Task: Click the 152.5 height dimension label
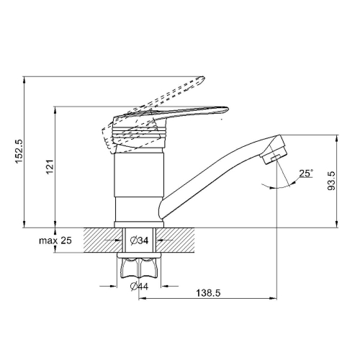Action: [x=19, y=151]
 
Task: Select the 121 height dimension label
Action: [x=50, y=167]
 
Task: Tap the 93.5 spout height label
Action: [x=331, y=181]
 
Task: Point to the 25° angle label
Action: [x=306, y=173]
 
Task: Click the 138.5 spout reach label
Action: [x=208, y=293]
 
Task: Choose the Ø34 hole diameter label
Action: [x=139, y=240]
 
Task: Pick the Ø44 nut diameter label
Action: [x=139, y=286]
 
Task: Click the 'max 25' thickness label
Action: [x=55, y=240]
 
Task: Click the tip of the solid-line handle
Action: [x=228, y=109]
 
